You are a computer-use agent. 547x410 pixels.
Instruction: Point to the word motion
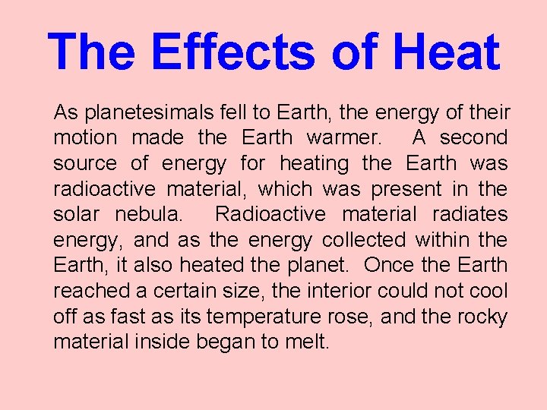pos(85,138)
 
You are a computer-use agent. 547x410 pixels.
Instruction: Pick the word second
pos(473,138)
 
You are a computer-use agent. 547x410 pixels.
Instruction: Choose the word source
pos(85,164)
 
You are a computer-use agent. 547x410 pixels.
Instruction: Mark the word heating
pos(314,164)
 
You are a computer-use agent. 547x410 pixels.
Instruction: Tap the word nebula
pos(148,215)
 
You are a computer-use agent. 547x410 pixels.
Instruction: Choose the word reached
pos(85,292)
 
